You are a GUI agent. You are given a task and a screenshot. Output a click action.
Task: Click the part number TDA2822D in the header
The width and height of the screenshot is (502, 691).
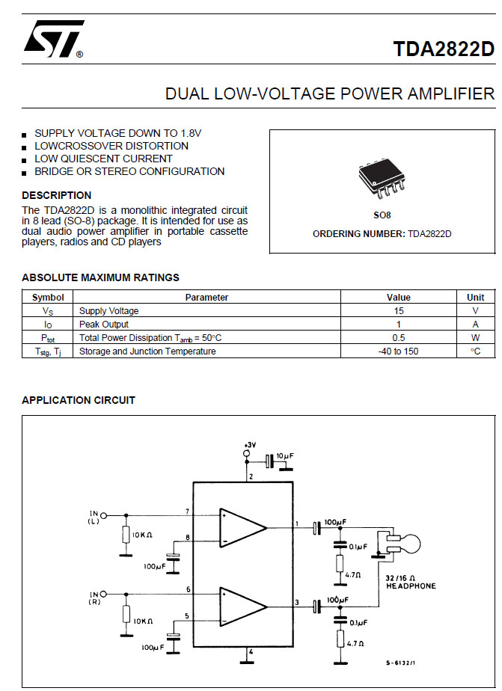[x=444, y=49]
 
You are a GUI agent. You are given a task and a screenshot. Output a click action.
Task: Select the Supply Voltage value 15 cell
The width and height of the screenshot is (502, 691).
[x=399, y=311]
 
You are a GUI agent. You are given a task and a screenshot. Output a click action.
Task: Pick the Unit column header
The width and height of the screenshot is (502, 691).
[x=475, y=297]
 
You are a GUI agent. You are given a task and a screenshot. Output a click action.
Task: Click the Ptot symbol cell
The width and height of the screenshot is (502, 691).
[x=47, y=338]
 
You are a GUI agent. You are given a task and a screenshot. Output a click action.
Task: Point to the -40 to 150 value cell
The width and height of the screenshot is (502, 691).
[x=399, y=351]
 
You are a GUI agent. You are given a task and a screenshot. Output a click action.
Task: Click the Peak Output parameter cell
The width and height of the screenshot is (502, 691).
[x=104, y=325]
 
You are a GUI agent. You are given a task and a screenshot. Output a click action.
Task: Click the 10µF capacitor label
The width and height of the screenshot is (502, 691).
[x=285, y=455]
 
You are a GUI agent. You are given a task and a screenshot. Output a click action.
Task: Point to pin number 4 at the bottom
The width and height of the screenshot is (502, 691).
[x=251, y=652]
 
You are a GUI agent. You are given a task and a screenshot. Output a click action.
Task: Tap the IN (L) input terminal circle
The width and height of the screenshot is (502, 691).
[x=104, y=515]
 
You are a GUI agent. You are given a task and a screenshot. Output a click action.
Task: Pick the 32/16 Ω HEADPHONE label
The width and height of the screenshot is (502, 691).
[x=411, y=582]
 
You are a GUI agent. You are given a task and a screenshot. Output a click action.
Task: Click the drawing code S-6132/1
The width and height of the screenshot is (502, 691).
[x=401, y=662]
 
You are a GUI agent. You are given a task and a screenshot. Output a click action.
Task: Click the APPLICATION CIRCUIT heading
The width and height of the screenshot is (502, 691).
[x=79, y=400]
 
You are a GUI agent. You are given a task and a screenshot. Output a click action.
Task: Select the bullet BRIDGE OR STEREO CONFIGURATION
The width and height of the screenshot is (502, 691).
[x=129, y=171]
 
